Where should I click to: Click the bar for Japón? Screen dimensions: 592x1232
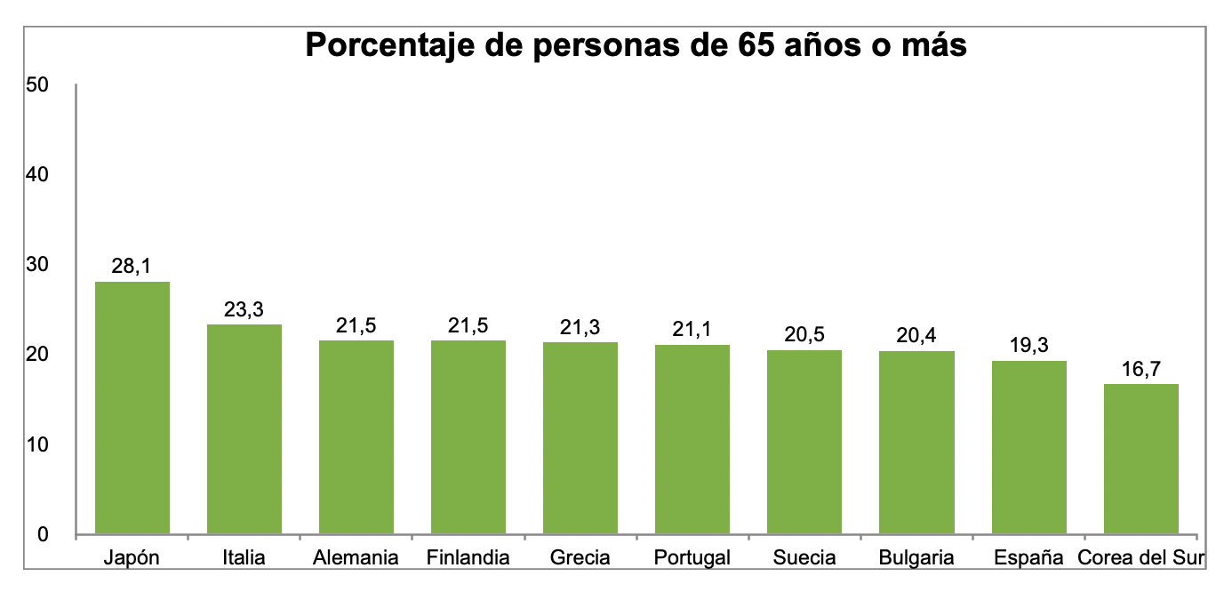coord(132,408)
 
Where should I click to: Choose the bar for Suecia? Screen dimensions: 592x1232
coord(804,442)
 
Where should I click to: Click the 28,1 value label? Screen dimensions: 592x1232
coord(132,266)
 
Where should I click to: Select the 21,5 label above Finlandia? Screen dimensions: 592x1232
coord(468,325)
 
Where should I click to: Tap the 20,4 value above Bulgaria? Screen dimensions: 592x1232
coord(916,335)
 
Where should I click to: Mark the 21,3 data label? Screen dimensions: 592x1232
coord(580,327)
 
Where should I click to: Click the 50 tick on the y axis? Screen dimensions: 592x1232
coord(37,85)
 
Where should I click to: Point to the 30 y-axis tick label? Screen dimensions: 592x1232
coord(37,265)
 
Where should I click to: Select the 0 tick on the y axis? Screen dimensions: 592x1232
coord(43,534)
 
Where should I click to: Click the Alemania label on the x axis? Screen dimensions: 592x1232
coord(356,558)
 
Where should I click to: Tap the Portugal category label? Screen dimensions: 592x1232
coord(692,558)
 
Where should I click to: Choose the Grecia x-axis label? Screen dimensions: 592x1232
coord(580,558)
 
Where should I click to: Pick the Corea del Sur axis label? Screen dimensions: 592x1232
coord(1141,558)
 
